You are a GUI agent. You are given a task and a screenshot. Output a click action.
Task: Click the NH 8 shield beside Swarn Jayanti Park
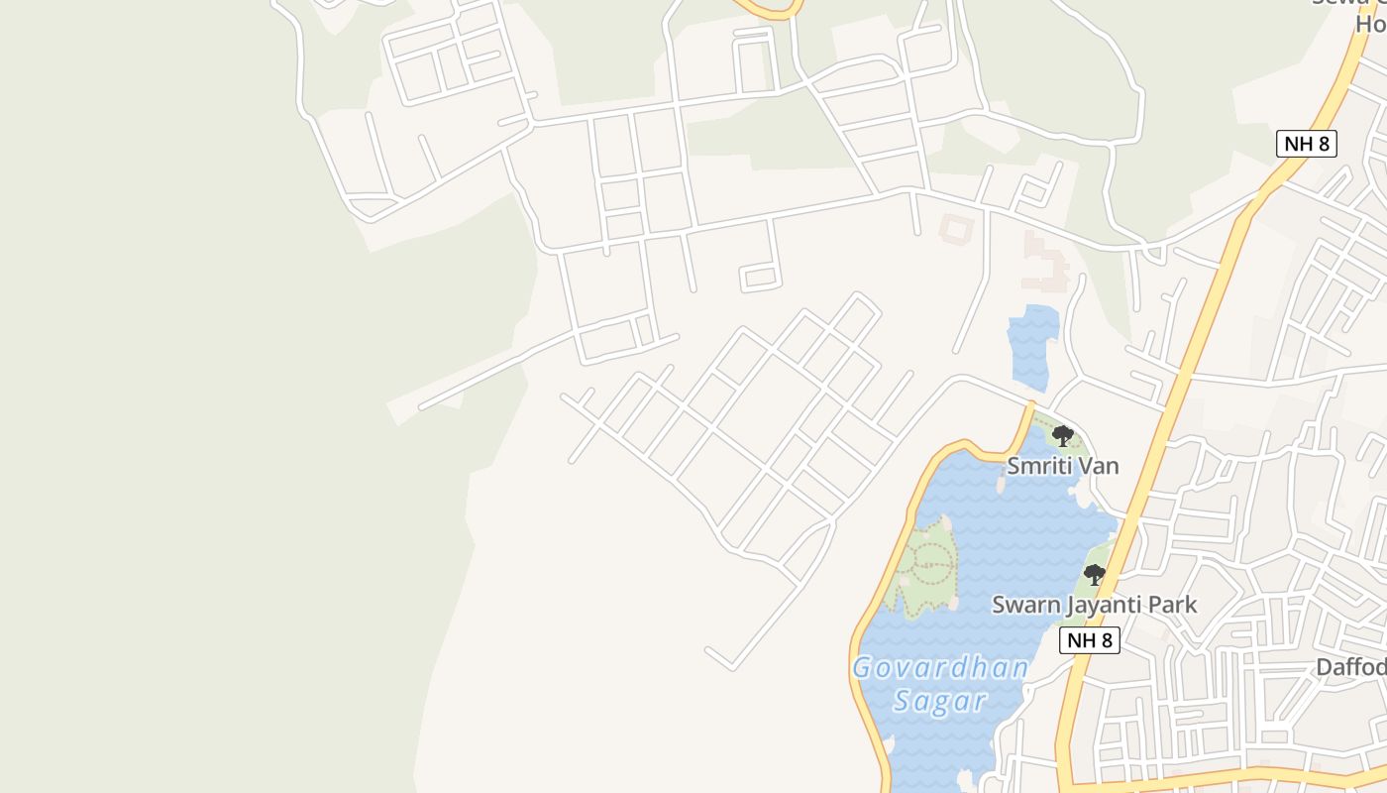1090,640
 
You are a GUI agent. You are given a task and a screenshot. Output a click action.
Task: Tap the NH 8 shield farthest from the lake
1307,144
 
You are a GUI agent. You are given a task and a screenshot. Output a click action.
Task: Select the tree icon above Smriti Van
1062,435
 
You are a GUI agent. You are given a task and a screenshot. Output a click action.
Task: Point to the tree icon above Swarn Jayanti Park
1094,575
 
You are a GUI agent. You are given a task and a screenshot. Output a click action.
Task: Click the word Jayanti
1101,605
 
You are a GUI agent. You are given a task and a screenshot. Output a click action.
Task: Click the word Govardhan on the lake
940,667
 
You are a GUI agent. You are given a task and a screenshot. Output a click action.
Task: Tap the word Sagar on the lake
939,702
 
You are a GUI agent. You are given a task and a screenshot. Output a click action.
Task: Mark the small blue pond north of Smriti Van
1031,347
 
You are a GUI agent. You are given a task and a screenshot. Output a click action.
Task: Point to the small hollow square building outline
956,230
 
